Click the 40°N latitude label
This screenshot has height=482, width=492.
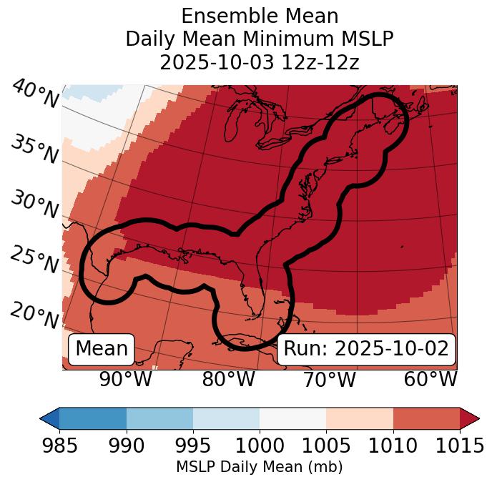[x=35, y=94]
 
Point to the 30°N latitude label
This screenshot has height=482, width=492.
[x=35, y=205]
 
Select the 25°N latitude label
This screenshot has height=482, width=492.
[x=35, y=260]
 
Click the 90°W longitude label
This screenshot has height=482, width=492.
[x=125, y=380]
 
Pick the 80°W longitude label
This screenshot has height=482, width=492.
[x=227, y=380]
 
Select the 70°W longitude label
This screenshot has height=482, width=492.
[x=329, y=380]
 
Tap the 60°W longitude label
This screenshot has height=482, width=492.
[x=431, y=380]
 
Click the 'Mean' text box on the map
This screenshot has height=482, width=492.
[x=102, y=349]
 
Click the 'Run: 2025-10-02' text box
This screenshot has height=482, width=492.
[x=366, y=349]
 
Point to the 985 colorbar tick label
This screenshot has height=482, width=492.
[x=59, y=446]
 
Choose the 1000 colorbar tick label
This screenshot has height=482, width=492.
[x=260, y=446]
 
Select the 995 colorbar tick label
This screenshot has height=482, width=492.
[x=193, y=446]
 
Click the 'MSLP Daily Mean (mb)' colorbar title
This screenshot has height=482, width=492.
[x=260, y=468]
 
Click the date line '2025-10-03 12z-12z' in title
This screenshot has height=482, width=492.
[x=260, y=62]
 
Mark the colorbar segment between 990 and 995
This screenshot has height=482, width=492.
[x=159, y=418]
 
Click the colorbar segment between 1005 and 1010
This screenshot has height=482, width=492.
[x=360, y=418]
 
